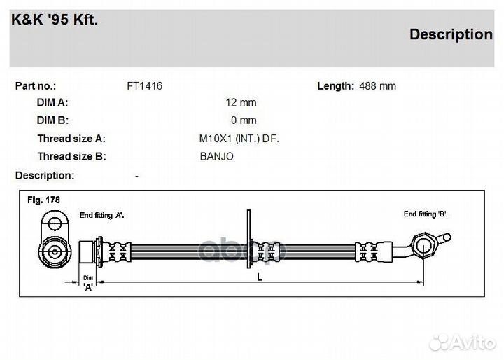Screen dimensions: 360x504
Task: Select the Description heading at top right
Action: pyautogui.click(x=451, y=34)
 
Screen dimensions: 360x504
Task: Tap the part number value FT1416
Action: pyautogui.click(x=144, y=86)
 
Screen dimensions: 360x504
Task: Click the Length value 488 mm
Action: pyautogui.click(x=377, y=86)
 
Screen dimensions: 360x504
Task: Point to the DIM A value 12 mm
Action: pyautogui.click(x=241, y=103)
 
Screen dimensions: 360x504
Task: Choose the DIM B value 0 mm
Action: pyautogui.click(x=244, y=120)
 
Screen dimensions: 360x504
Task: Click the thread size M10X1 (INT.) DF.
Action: pyautogui.click(x=239, y=139)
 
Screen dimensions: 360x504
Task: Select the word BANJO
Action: pyautogui.click(x=216, y=157)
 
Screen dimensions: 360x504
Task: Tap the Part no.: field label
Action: pyautogui.click(x=36, y=86)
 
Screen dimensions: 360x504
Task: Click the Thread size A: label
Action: pyautogui.click(x=71, y=139)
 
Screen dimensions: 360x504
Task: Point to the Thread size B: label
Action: pyautogui.click(x=71, y=157)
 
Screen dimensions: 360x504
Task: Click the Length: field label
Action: pyautogui.click(x=335, y=86)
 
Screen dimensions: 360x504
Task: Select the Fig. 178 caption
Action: pyautogui.click(x=43, y=200)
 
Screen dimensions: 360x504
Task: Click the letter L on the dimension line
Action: pyautogui.click(x=260, y=277)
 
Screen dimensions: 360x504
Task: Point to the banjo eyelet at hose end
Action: pyautogui.click(x=425, y=246)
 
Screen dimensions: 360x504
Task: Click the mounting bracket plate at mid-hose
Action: pyautogui.click(x=248, y=238)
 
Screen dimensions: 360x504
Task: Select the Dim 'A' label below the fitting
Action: pyautogui.click(x=88, y=283)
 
